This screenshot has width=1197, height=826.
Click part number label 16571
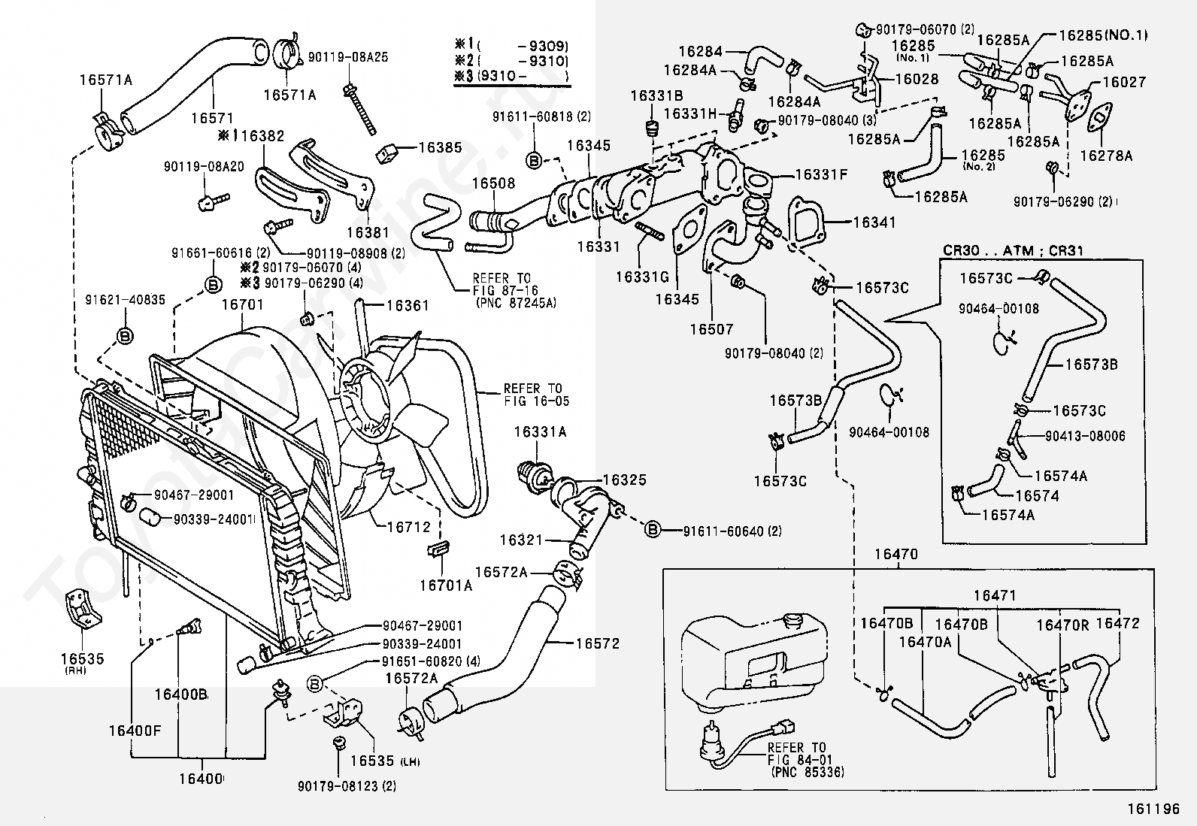tap(213, 117)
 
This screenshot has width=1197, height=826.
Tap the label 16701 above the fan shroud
tap(243, 304)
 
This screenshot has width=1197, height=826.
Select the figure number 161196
tap(1153, 809)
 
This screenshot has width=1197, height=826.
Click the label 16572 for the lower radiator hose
tap(598, 643)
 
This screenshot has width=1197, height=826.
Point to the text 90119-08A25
tap(348, 56)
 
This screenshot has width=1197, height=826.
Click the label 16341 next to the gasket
tap(874, 222)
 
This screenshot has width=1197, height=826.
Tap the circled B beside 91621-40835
tap(125, 335)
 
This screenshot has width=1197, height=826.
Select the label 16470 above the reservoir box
tap(896, 554)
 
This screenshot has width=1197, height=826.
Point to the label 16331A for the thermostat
tap(540, 431)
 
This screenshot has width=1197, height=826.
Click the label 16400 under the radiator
tap(201, 779)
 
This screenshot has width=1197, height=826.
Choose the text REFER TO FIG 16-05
tap(536, 395)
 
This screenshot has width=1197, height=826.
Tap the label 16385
tap(440, 147)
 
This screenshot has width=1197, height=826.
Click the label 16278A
tap(1106, 156)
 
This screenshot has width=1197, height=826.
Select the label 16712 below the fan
tap(409, 527)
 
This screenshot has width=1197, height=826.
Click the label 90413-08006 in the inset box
tap(1085, 436)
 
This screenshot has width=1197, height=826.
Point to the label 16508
tap(493, 183)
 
